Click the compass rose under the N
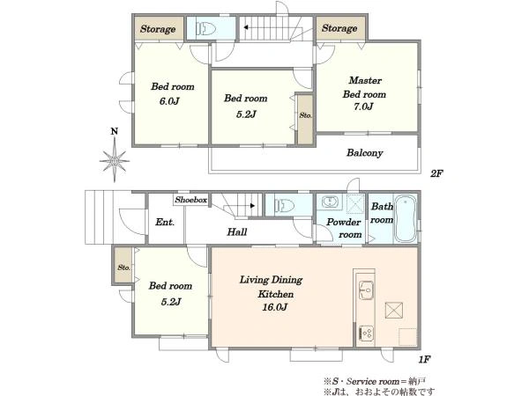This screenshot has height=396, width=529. point(115,160)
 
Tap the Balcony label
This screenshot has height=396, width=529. point(365,153)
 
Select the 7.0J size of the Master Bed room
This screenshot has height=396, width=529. point(363,106)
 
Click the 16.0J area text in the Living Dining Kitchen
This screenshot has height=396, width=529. point(274,307)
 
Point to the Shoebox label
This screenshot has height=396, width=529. point(191,200)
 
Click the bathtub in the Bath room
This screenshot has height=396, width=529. point(406,218)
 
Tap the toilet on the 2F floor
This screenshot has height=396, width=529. point(205,29)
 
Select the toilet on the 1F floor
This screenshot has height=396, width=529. point(284,205)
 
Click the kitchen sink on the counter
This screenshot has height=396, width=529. point(366,290)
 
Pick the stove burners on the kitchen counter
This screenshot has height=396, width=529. point(366,333)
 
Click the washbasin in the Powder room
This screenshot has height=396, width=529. point(330,202)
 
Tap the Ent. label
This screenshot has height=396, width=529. point(165,223)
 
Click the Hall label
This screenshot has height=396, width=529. point(237,231)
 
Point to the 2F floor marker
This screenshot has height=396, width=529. point(436,173)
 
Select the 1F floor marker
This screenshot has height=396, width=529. point(424,359)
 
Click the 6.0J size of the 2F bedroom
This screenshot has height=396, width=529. point(169,101)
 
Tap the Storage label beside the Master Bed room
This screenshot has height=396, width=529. point(339,28)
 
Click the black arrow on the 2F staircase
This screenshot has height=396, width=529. point(246,27)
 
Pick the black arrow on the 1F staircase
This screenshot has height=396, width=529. point(252,205)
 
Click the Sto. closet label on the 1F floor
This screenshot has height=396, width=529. point(123,268)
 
